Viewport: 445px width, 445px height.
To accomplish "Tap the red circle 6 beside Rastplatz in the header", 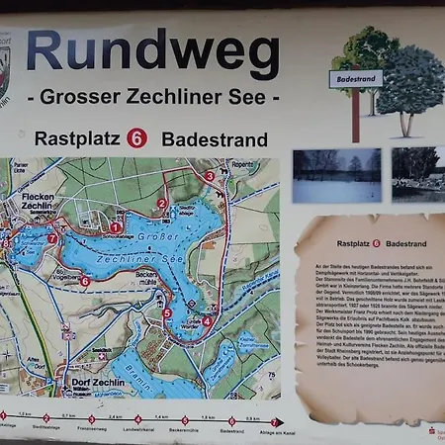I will point(137,138).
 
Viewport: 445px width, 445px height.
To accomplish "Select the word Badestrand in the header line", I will point(214,139).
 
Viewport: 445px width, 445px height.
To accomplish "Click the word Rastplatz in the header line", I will point(77,139).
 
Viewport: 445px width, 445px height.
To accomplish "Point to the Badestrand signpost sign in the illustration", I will point(355,78).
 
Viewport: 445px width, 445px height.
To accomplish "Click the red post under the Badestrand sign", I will point(355,114).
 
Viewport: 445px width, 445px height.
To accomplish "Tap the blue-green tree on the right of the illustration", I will point(410,89).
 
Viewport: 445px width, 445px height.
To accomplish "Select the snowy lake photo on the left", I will point(336,176).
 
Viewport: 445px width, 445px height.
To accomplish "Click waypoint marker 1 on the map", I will point(116,227).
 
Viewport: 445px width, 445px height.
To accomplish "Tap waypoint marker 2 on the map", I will point(161,204).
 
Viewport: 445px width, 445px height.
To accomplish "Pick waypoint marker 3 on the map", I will point(209,176).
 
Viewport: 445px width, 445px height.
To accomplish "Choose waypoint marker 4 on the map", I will point(206,320).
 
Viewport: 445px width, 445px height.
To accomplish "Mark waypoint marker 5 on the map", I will point(167,313).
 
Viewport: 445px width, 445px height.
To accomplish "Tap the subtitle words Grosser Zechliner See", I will point(152,97).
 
